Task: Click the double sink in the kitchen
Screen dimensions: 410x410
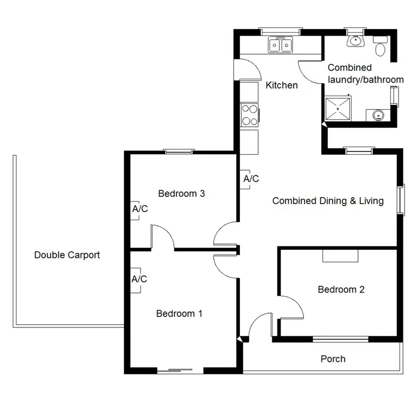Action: point(282,45)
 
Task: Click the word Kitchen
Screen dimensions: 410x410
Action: point(282,85)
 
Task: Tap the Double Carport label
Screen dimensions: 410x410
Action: point(67,255)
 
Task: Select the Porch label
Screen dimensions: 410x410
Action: point(333,359)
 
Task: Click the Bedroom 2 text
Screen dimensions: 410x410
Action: point(341,289)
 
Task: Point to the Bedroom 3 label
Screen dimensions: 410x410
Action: point(181,193)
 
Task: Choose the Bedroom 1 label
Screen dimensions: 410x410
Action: point(179,313)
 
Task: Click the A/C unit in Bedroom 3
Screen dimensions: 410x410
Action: point(139,209)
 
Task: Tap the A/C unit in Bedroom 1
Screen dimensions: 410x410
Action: point(139,279)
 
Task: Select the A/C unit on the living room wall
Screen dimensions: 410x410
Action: point(250,179)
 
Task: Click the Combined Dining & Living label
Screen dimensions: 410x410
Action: point(328,201)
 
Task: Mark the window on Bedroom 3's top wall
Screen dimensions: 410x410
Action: point(179,151)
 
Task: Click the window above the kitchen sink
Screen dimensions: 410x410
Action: point(280,31)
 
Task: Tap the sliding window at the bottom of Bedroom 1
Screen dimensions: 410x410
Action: point(181,371)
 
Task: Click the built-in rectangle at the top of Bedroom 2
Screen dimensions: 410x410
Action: point(339,256)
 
